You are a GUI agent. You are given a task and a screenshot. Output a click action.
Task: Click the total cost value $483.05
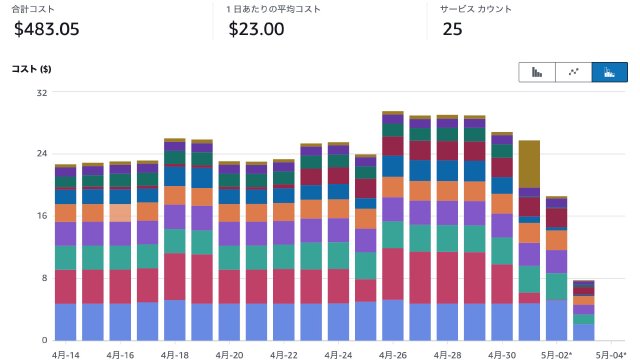pyautogui.click(x=47, y=29)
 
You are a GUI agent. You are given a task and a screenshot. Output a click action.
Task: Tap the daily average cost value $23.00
pyautogui.click(x=255, y=29)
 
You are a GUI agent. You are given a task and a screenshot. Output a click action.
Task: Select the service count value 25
pyautogui.click(x=452, y=29)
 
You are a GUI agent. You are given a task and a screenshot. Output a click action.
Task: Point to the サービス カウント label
pyautogui.click(x=476, y=8)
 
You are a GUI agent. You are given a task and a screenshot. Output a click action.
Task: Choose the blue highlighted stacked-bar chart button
pyautogui.click(x=609, y=71)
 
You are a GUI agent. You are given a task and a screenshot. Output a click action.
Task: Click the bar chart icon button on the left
pyautogui.click(x=537, y=71)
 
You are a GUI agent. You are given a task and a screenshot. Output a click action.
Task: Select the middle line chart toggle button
pyautogui.click(x=573, y=71)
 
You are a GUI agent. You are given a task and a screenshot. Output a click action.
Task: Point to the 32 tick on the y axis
pyautogui.click(x=41, y=93)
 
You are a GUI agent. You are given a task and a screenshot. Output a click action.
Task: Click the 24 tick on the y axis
pyautogui.click(x=41, y=154)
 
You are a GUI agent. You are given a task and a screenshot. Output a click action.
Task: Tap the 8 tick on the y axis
pyautogui.click(x=43, y=278)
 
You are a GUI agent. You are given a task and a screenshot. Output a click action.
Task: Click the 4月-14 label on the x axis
pyautogui.click(x=65, y=353)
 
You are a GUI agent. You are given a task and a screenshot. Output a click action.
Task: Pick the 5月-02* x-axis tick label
pyautogui.click(x=557, y=353)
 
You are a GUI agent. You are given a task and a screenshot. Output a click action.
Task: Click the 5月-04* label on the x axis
pyautogui.click(x=612, y=353)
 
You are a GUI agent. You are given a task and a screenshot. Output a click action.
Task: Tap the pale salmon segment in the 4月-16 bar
pyautogui.click(x=120, y=212)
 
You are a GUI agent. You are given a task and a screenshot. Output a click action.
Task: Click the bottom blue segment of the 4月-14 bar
pyautogui.click(x=65, y=321)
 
